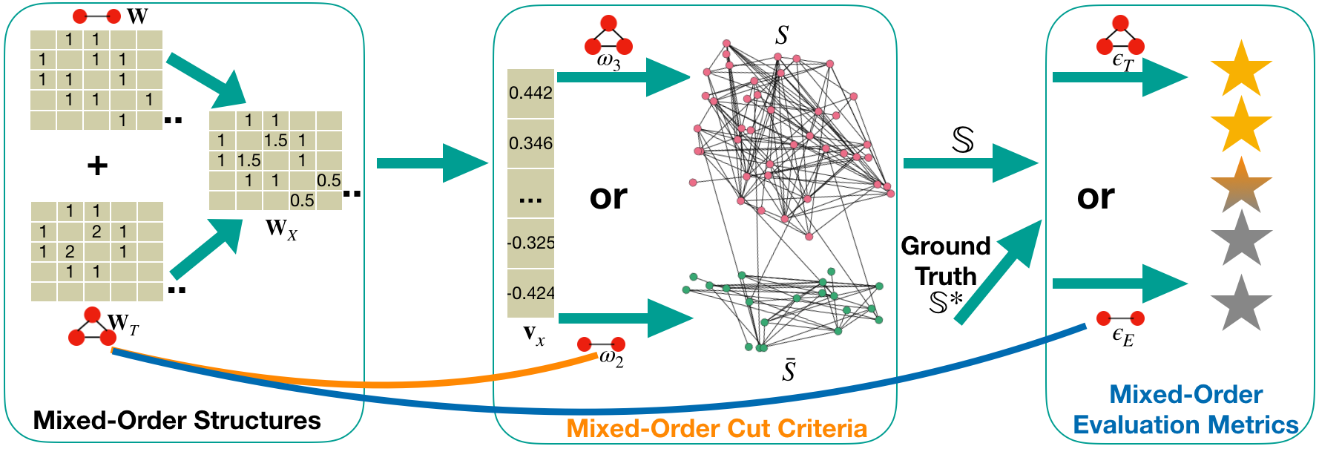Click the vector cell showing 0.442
pos(530,93)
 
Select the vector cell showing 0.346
pos(530,143)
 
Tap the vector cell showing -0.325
pos(530,243)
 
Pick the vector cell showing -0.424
pos(530,293)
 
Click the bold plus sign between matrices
pos(97,165)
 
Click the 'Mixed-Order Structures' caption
pos(177,420)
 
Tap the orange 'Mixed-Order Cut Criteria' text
pos(717,428)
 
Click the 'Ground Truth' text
pos(946,261)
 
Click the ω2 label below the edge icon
pos(611,359)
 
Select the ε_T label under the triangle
pos(1122,62)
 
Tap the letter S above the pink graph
pos(781,35)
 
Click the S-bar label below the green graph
pos(789,370)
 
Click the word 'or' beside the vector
pos(608,197)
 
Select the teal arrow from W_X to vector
pos(430,163)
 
